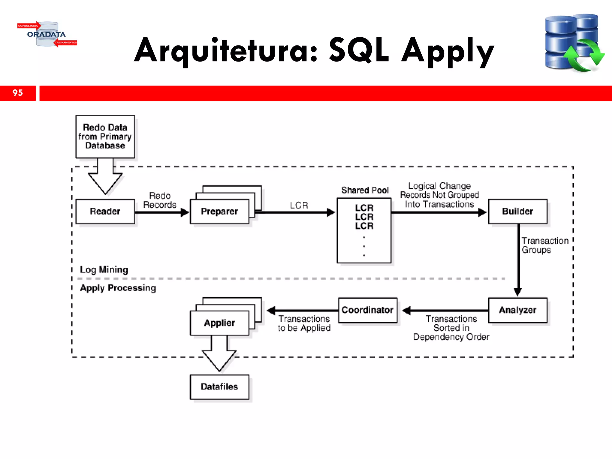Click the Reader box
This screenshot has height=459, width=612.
(x=105, y=211)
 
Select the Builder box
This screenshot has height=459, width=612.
(x=518, y=211)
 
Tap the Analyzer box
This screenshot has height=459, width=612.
(x=518, y=310)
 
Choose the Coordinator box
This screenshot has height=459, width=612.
(x=368, y=310)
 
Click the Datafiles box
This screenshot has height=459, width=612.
(x=219, y=387)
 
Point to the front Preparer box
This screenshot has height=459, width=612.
(x=219, y=211)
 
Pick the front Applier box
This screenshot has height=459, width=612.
(x=219, y=323)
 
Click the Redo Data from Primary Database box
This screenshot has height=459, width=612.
(x=105, y=137)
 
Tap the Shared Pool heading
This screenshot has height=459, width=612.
(x=365, y=190)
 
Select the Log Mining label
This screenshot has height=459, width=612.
(x=104, y=270)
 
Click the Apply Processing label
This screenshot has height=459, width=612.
(x=118, y=288)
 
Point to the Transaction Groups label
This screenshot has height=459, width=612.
(x=544, y=245)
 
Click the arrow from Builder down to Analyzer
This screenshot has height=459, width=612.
(x=518, y=260)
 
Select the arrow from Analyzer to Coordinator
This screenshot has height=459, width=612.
(x=445, y=311)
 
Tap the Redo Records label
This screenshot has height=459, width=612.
(x=160, y=200)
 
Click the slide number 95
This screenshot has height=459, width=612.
(x=18, y=93)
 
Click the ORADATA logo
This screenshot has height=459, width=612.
(x=47, y=34)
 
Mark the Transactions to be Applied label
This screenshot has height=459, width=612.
(x=304, y=323)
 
